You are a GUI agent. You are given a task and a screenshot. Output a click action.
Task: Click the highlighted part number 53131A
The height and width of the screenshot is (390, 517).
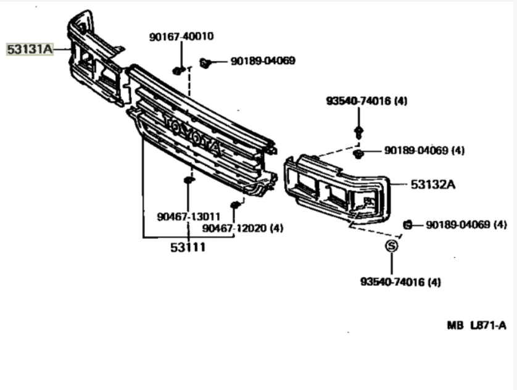tap(30, 48)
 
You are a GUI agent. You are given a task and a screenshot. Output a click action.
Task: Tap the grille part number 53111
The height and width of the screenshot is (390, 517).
tap(188, 247)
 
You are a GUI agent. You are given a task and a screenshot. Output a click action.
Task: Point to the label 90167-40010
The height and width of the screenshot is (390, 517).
tap(181, 37)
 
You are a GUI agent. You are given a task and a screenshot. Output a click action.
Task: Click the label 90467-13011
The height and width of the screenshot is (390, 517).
tap(188, 217)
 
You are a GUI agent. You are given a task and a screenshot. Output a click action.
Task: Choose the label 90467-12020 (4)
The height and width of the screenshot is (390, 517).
tap(242, 228)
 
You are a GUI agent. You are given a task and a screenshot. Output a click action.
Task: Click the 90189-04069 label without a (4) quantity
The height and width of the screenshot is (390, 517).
tap(263, 61)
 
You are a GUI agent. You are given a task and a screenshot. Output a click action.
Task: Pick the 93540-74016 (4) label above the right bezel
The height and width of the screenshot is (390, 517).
tap(366, 101)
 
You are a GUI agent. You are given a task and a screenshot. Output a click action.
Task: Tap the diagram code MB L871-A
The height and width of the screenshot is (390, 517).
tap(476, 325)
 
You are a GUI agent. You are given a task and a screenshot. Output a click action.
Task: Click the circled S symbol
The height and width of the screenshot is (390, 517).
tap(391, 246)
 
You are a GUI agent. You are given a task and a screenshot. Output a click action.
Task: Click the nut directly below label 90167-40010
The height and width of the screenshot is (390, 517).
tap(178, 70)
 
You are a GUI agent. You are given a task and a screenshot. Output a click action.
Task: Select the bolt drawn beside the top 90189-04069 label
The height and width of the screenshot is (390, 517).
tap(205, 62)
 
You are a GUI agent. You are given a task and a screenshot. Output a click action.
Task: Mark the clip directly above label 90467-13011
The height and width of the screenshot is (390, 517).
tap(189, 180)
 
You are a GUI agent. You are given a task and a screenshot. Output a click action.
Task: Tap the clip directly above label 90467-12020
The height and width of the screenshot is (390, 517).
tap(234, 205)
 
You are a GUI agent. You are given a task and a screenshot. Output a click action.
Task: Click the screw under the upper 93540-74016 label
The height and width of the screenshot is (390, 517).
tap(358, 131)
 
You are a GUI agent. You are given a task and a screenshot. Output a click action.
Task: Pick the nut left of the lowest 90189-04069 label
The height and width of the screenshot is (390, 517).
tap(407, 224)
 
